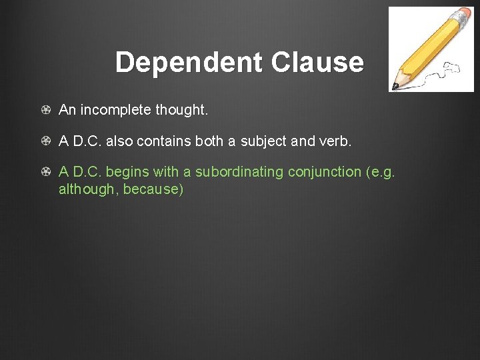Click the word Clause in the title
(317, 63)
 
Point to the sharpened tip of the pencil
(395, 86)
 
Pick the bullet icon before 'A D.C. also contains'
(45, 141)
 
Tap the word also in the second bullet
(121, 141)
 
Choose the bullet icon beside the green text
(45, 172)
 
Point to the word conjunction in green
(324, 172)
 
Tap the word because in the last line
(153, 189)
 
